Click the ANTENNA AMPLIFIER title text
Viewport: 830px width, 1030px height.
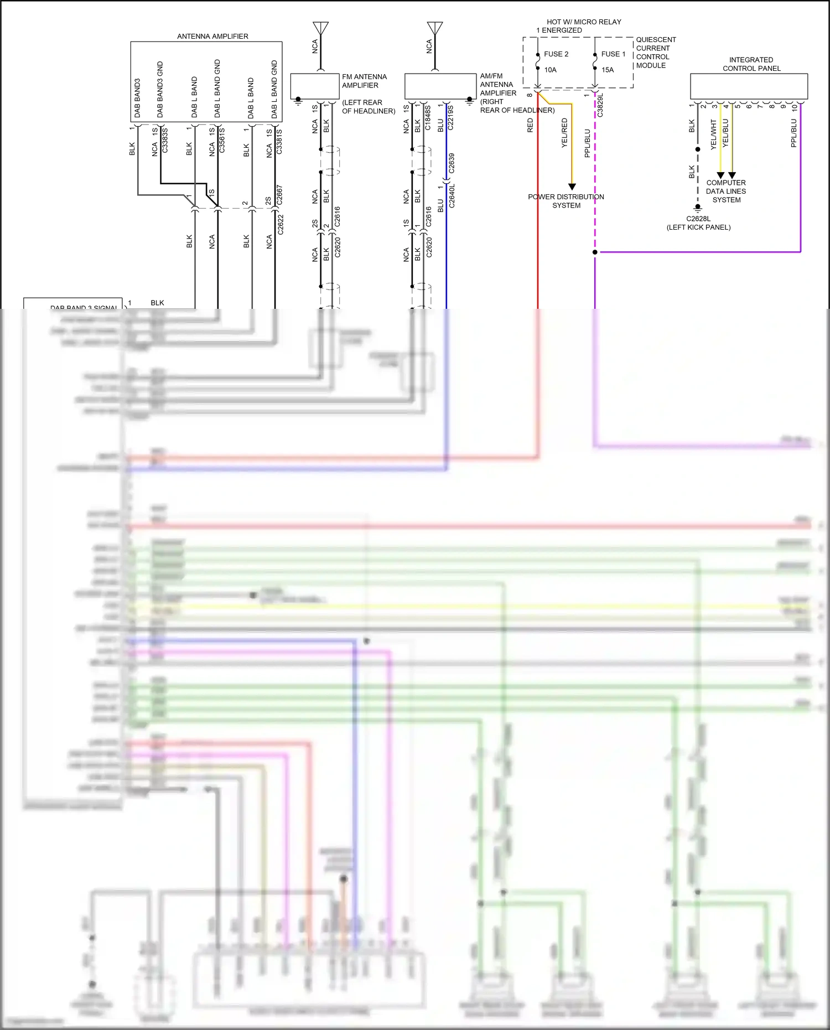coord(212,37)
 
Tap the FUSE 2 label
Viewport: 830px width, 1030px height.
coord(556,54)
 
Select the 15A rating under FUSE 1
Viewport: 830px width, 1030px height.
coord(608,70)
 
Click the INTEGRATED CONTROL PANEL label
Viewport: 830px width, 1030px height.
coord(751,64)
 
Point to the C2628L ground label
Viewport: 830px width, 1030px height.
coord(698,219)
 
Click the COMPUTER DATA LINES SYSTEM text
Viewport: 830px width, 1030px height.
coord(726,191)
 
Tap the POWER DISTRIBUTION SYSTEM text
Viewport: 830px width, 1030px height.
coord(566,201)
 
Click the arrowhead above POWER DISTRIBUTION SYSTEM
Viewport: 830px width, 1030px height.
coord(572,187)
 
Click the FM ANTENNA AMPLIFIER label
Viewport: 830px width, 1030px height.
coord(364,81)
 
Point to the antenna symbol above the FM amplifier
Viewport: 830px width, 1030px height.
coord(320,28)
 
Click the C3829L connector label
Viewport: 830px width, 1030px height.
coord(600,105)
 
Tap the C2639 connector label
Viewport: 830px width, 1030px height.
coord(452,163)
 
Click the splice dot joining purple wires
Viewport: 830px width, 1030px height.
coord(595,252)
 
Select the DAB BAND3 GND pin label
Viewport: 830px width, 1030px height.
coord(160,89)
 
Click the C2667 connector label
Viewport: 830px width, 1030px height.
coord(279,195)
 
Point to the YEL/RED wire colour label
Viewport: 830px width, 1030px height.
coord(565,133)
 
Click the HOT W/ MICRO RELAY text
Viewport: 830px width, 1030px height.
coord(584,22)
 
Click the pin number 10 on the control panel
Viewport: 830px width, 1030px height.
coord(795,107)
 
